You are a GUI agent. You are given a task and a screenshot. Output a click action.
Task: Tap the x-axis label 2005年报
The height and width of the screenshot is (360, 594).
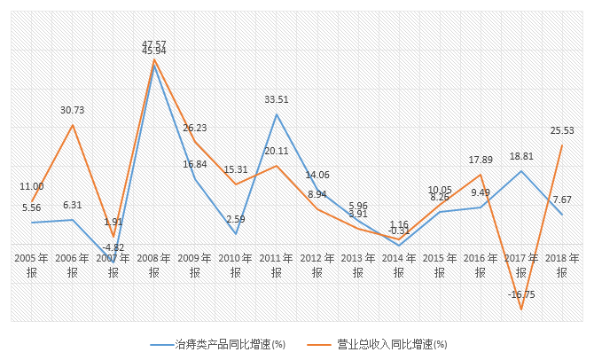[x=31, y=265]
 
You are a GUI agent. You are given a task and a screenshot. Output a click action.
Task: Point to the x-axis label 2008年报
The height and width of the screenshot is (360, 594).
[x=153, y=265]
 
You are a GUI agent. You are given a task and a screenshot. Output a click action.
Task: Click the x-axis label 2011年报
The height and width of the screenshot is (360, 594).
[x=277, y=265]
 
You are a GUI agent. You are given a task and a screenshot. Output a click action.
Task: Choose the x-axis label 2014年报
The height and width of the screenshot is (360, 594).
[x=399, y=265]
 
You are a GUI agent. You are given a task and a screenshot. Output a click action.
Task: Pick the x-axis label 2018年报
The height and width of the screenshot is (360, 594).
[x=562, y=265]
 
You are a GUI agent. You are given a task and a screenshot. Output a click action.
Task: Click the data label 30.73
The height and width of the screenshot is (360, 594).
[x=73, y=110]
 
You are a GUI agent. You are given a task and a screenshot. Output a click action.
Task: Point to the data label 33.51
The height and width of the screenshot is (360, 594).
[x=277, y=99]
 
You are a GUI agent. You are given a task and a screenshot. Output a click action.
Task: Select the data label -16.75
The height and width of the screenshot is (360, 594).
[x=521, y=293]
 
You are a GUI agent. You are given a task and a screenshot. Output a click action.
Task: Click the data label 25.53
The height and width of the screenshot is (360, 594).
[x=562, y=130]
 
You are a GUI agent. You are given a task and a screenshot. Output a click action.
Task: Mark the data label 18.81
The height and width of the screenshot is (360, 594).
[x=521, y=156]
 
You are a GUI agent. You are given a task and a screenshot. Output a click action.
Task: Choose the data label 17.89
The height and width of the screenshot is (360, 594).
[x=481, y=160]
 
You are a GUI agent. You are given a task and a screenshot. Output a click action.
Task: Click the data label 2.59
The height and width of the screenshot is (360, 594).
[x=235, y=219]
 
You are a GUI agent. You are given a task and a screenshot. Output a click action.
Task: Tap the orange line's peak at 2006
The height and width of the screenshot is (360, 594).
[x=73, y=125]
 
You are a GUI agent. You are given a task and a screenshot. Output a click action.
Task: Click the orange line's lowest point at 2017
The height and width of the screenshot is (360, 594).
[x=521, y=309]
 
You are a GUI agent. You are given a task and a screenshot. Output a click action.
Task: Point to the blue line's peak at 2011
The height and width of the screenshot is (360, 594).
[x=277, y=113]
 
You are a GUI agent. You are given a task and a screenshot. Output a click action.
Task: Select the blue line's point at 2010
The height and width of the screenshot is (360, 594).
[x=236, y=234]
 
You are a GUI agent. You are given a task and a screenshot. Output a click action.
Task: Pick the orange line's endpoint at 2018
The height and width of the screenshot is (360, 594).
[x=562, y=145]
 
